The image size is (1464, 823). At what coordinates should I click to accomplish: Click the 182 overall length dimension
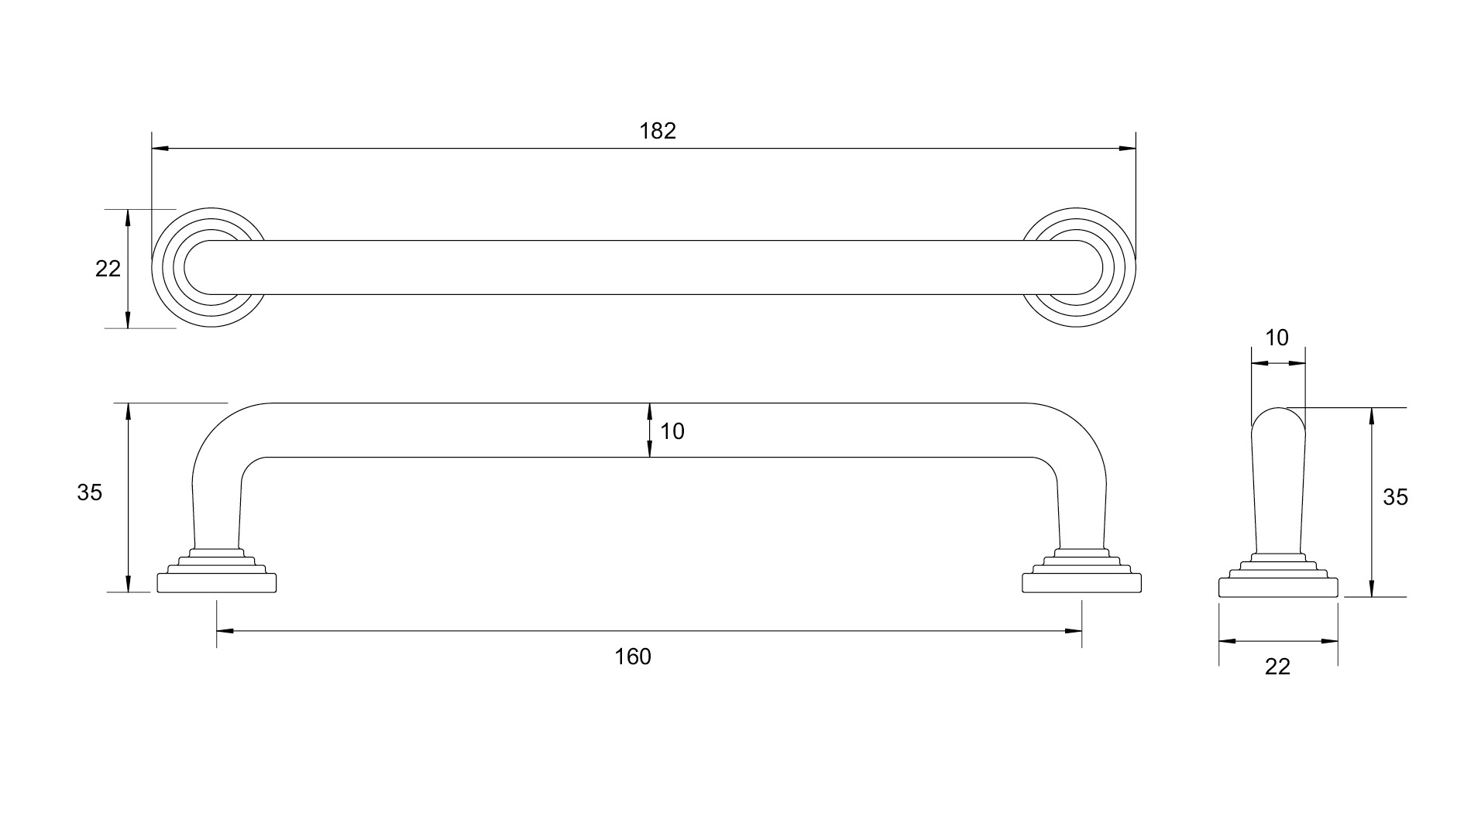coord(658,131)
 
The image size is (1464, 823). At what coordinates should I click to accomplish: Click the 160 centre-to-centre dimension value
coord(633,657)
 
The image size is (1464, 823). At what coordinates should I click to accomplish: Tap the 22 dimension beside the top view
coord(108,269)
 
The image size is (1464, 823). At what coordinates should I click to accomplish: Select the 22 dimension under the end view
coord(1277,667)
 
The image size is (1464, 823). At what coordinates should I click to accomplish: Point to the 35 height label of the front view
coord(90,492)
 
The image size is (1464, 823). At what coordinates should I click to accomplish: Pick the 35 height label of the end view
coord(1395,497)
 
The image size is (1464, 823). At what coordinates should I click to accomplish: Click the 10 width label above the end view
coord(1277,338)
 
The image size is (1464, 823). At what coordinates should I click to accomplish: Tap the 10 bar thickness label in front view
coord(672,431)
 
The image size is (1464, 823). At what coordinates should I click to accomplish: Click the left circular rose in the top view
coord(209,267)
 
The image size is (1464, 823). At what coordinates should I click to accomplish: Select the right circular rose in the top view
coord(1078,267)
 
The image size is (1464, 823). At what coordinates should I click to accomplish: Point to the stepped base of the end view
coord(1278,579)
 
